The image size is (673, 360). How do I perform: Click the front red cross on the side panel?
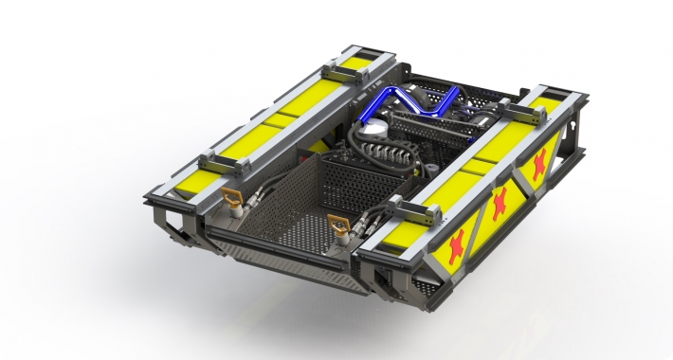(x=457, y=244)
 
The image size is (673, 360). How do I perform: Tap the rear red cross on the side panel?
(x=539, y=163)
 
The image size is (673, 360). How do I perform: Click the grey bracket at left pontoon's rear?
(x=341, y=69)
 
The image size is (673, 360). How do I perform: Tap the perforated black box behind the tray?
(x=355, y=182)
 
